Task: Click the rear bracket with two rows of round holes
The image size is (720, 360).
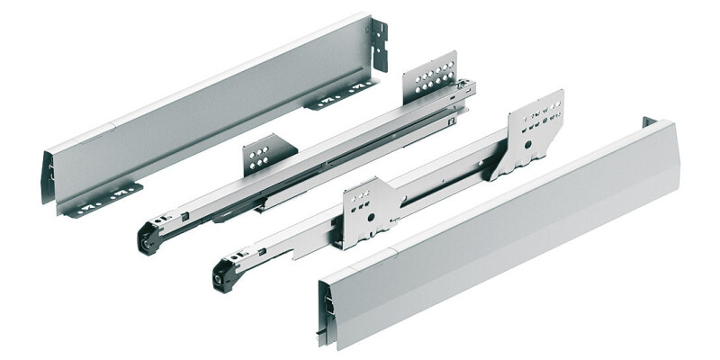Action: (429, 73)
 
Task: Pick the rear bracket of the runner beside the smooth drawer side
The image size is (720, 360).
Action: (535, 130)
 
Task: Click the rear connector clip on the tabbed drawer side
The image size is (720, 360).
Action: (380, 42)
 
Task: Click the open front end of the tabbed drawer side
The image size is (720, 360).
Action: (49, 180)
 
